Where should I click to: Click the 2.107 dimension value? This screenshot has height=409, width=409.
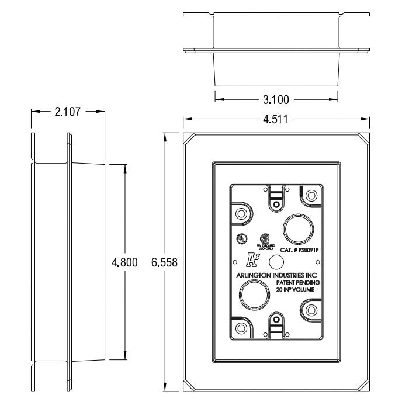point(67,110)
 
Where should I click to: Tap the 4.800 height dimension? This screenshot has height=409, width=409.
point(125,262)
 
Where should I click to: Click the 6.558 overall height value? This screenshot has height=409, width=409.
point(165,262)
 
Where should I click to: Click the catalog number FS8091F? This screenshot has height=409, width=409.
point(303,250)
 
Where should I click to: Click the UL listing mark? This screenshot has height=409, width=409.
point(240,238)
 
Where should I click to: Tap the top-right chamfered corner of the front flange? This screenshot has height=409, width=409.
point(363,139)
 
